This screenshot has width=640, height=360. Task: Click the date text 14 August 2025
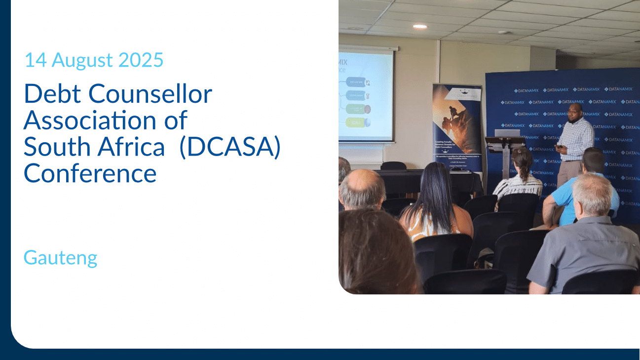[x=94, y=60]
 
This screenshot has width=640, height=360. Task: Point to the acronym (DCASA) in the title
[x=230, y=147]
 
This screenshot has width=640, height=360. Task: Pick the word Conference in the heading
[x=90, y=173]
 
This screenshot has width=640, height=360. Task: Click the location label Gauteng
[x=60, y=258]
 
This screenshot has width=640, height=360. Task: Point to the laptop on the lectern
[x=507, y=133]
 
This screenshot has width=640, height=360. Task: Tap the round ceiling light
[x=419, y=26]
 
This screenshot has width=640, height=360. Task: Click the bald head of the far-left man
[x=362, y=188]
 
